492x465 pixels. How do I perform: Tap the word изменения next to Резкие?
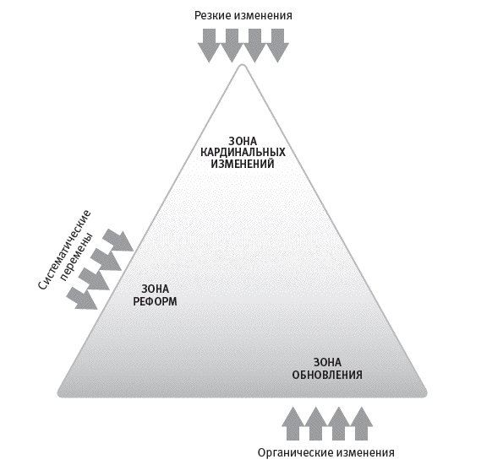[x=263, y=16]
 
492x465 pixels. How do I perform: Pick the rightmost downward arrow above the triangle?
[x=277, y=46]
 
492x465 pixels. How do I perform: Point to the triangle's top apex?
[x=243, y=65]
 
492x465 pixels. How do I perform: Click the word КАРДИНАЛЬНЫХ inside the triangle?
[x=243, y=152]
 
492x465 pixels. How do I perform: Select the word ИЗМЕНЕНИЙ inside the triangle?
[x=243, y=164]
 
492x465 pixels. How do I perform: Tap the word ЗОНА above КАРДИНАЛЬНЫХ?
[x=243, y=141]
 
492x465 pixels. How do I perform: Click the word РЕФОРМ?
[x=155, y=301]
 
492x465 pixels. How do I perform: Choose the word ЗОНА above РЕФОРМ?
[x=155, y=289]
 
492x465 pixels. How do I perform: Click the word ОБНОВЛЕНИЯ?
[x=327, y=375]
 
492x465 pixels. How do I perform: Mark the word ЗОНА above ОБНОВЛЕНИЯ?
[x=327, y=363]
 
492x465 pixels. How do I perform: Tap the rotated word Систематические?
[x=65, y=250]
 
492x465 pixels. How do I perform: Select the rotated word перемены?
[x=77, y=257]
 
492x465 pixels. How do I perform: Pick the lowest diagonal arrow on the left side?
[x=83, y=298]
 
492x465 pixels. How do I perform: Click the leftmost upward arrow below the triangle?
[x=293, y=424]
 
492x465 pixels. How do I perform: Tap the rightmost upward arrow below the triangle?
[x=362, y=424]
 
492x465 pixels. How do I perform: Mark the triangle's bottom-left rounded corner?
[x=60, y=394]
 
